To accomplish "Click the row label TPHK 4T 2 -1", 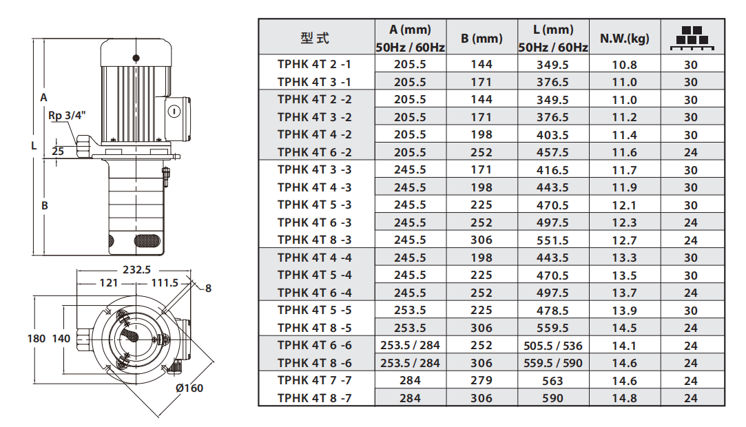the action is click(315, 64).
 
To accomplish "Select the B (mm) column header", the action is click(481, 39).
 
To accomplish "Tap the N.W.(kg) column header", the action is click(624, 39).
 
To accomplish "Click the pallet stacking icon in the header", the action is click(692, 37).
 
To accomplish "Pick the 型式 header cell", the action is click(315, 38).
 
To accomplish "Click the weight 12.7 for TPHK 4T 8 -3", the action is click(624, 240).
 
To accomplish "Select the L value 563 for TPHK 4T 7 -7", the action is click(553, 381).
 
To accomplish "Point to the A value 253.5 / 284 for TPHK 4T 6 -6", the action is click(410, 346).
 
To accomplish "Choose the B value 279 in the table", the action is click(481, 381).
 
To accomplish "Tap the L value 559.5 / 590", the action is click(553, 363).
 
